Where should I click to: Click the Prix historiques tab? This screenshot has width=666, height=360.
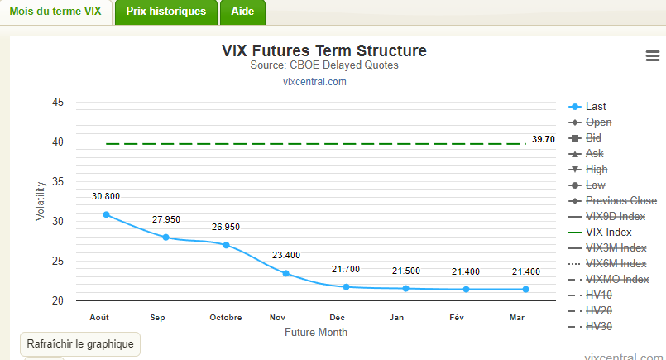[166, 12]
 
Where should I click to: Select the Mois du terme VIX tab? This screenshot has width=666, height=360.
[55, 12]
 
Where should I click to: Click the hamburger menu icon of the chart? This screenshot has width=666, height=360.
[652, 55]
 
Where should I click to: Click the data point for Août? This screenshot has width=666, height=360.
[106, 214]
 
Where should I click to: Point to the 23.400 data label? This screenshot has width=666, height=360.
[285, 255]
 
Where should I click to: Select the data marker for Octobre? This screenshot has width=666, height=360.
[226, 245]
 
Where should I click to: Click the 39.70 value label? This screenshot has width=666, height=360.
[544, 139]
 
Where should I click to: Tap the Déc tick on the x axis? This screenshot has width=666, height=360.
[337, 317]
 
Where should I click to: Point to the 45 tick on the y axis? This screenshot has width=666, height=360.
[58, 103]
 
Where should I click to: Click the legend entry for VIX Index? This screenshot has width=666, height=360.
[608, 233]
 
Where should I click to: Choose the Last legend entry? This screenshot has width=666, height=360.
[595, 107]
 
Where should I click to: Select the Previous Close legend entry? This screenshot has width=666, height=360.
[620, 201]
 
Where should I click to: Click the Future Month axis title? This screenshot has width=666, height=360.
[316, 332]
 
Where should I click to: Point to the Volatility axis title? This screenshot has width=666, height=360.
[40, 202]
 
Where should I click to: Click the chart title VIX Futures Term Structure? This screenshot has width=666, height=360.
[324, 50]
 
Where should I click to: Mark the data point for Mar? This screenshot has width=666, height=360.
[525, 289]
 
